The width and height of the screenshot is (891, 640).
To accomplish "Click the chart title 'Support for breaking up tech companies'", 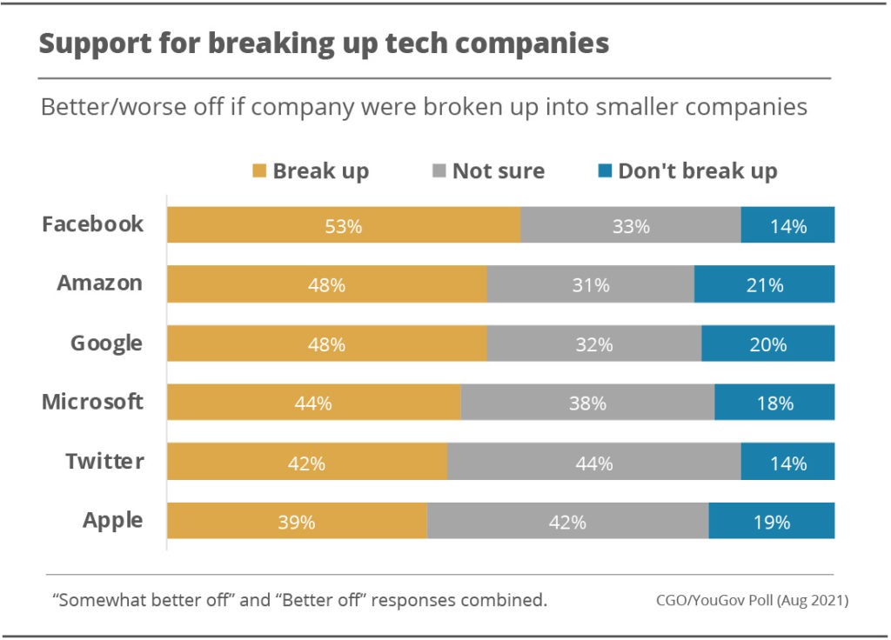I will pyautogui.click(x=324, y=45).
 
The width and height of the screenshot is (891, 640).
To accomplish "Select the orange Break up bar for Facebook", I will pyautogui.click(x=261, y=224).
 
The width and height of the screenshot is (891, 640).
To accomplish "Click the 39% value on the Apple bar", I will pyautogui.click(x=297, y=523).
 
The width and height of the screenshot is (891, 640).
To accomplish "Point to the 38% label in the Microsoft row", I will pyautogui.click(x=588, y=403).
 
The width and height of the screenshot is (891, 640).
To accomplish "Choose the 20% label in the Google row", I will pyautogui.click(x=768, y=344).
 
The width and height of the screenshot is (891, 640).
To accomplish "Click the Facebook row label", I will pyautogui.click(x=93, y=224).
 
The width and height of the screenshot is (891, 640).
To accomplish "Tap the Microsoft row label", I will pyautogui.click(x=93, y=403).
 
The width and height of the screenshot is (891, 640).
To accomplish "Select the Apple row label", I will pyautogui.click(x=113, y=521).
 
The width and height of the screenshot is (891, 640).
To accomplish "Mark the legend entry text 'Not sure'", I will pyautogui.click(x=498, y=171).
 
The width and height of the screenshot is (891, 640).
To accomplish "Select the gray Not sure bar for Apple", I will pyautogui.click(x=567, y=522).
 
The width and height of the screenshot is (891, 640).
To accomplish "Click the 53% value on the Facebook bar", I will pyautogui.click(x=344, y=226).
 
